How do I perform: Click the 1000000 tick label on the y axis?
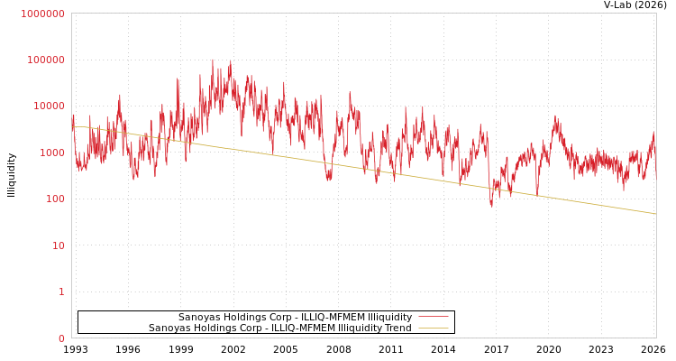(x=43, y=14)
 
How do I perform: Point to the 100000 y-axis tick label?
(x=46, y=60)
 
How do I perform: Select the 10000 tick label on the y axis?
(x=49, y=106)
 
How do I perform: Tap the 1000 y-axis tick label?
(x=51, y=153)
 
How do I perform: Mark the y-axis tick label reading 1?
(x=61, y=292)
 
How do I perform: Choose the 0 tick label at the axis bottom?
(x=61, y=338)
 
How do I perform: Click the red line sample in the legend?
(x=433, y=318)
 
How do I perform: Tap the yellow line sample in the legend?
(x=433, y=329)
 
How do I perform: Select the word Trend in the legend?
(x=397, y=329)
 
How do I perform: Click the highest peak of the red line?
(x=213, y=60)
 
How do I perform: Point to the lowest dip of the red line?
(x=491, y=207)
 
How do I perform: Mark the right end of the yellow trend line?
(x=655, y=214)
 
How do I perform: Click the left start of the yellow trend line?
(x=73, y=126)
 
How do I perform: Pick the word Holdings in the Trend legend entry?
(x=213, y=329)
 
